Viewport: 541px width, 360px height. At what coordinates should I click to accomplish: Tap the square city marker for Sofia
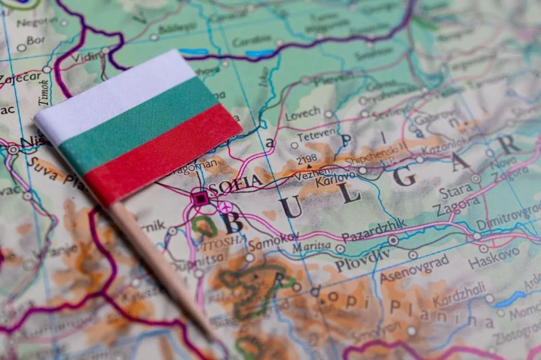pyautogui.click(x=200, y=198)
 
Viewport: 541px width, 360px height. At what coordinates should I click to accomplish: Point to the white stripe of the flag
pyautogui.click(x=114, y=94)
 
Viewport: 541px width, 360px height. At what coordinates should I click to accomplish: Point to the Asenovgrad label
pyautogui.click(x=415, y=268)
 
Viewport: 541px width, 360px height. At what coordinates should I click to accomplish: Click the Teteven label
pyautogui.click(x=316, y=136)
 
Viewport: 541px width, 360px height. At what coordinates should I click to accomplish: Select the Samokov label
pyautogui.click(x=274, y=242)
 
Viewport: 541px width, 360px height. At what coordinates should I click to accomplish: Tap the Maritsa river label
pyautogui.click(x=312, y=247)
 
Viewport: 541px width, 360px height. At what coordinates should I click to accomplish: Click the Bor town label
pyautogui.click(x=36, y=40)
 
